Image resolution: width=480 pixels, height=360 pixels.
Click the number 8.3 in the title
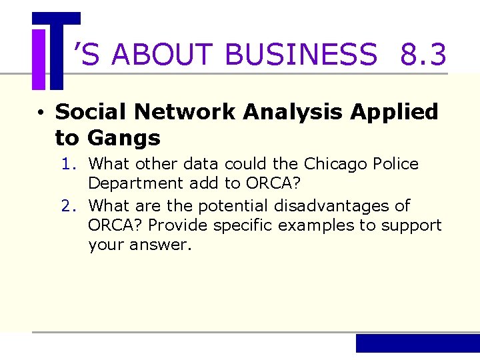423,55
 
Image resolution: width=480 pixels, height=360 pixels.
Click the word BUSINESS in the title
301,55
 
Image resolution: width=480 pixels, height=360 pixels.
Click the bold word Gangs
124,139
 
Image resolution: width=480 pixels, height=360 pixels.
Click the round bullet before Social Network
41,113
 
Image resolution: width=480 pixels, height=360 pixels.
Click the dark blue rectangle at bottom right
417,343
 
